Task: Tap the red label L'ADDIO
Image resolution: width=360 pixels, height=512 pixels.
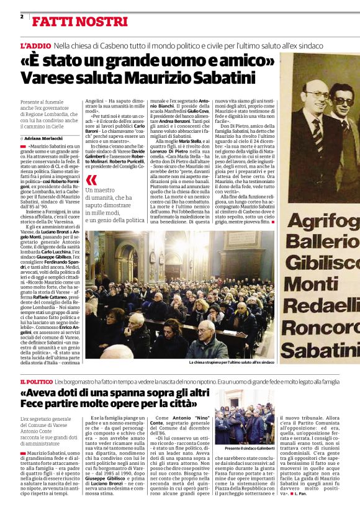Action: [x=35, y=47]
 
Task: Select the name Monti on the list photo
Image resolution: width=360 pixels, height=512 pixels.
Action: [x=310, y=285]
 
